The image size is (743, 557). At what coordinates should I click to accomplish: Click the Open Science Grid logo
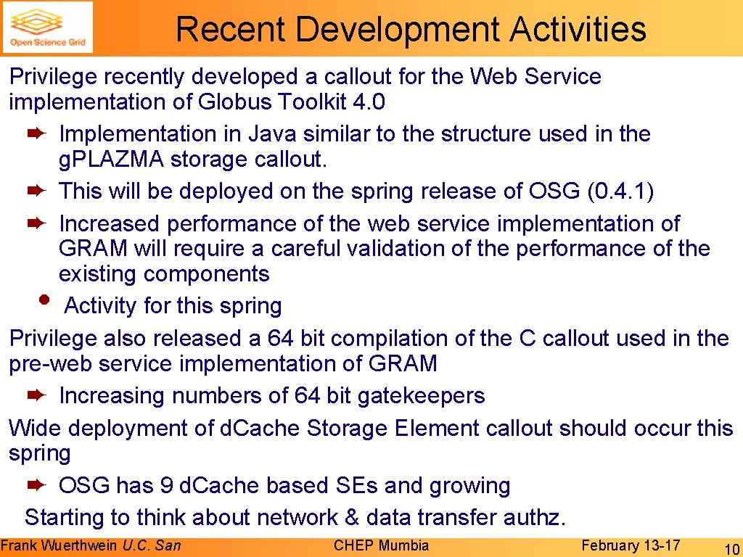48,28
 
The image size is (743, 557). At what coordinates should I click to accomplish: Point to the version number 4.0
367,102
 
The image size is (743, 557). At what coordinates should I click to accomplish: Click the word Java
271,134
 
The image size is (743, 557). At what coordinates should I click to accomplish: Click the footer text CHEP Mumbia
381,545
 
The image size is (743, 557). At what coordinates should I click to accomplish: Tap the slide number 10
731,548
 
